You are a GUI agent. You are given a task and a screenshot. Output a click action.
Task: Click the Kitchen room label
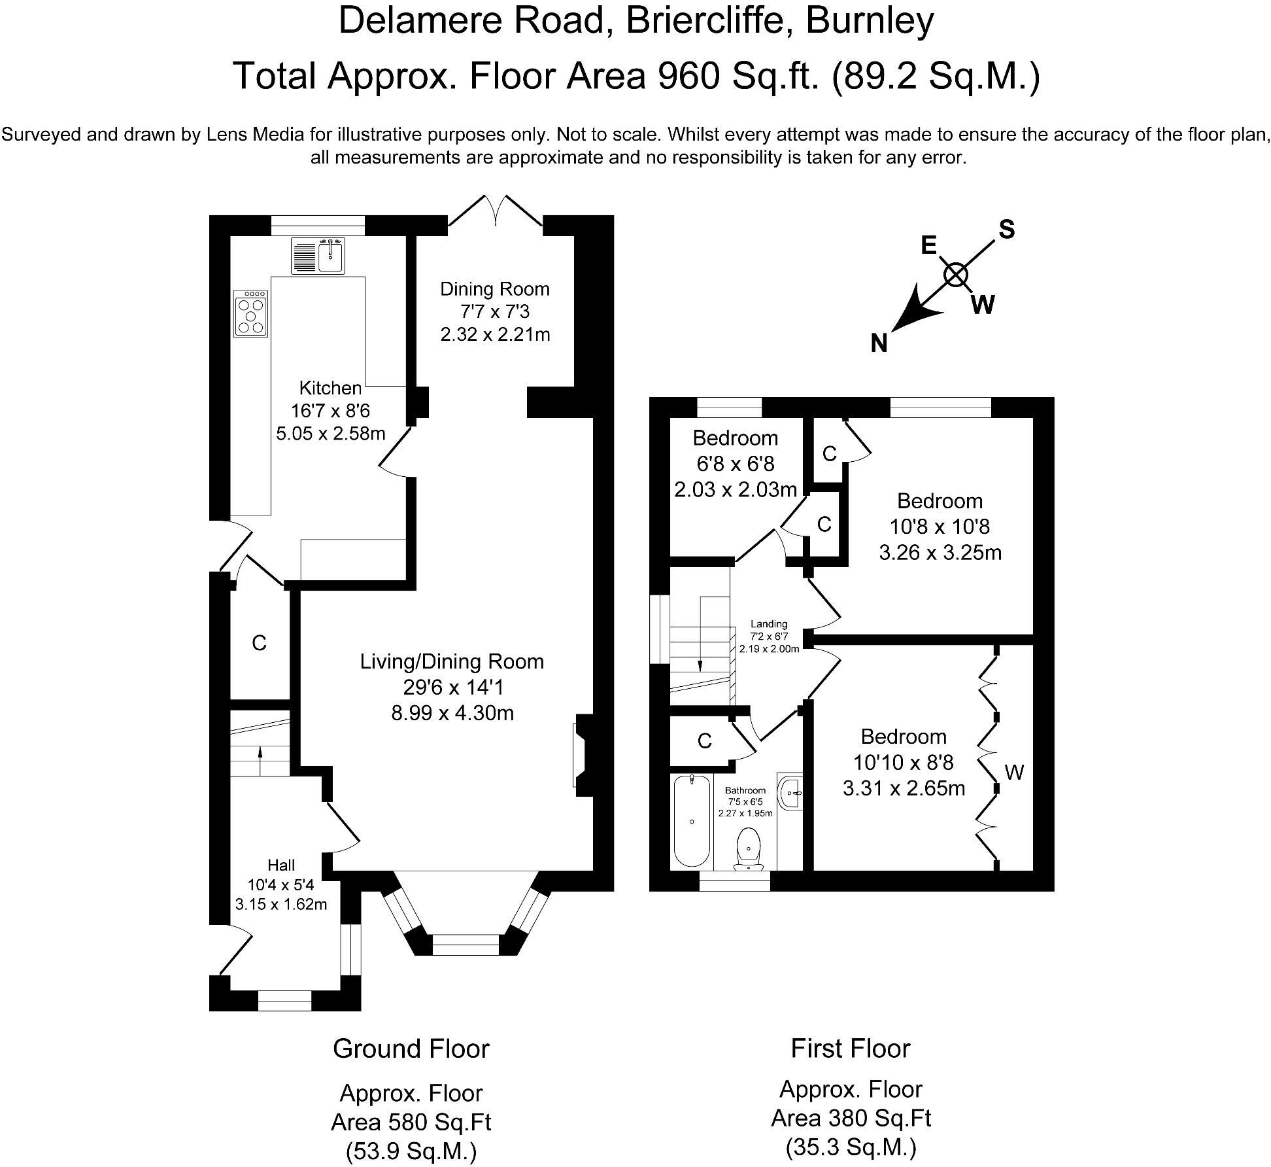[330, 388]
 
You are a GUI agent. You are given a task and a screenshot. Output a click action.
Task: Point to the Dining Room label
[495, 289]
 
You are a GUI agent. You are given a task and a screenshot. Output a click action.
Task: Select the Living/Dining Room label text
[452, 661]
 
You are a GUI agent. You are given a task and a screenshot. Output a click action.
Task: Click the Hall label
[281, 865]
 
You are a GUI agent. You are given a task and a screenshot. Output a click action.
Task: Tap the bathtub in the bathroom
[692, 820]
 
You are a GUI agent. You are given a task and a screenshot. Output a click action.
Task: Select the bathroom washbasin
[790, 792]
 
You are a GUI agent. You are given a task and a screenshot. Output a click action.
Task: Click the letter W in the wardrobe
[1014, 773]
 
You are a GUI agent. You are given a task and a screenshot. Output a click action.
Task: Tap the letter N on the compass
[879, 343]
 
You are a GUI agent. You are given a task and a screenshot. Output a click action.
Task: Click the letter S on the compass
[1007, 230]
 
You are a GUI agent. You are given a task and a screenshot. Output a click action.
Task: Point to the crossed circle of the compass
[956, 275]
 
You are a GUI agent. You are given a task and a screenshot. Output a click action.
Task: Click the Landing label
[769, 624]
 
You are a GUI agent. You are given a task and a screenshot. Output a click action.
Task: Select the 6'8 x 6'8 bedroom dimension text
[736, 464]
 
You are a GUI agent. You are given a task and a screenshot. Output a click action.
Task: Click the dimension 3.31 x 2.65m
[904, 788]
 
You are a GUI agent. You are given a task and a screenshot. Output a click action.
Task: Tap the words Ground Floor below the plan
[411, 1049]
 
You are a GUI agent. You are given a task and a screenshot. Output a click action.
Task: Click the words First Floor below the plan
[851, 1049]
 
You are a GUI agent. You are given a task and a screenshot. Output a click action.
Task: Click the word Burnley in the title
[870, 21]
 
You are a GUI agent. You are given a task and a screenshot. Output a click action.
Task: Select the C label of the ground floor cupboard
[259, 644]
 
